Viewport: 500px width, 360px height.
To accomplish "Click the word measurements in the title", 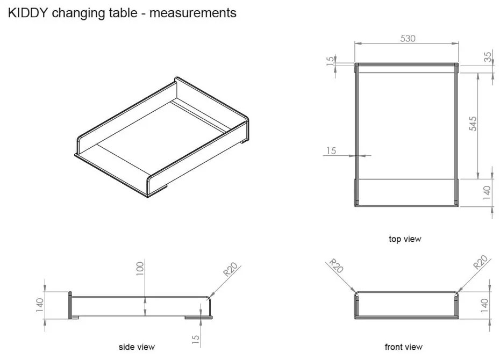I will click(192, 12).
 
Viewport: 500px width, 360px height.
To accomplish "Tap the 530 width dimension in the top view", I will click(408, 39).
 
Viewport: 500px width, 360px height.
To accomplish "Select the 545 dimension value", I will click(473, 124).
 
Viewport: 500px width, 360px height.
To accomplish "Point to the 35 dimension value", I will click(488, 57).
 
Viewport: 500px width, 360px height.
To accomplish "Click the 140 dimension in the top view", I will click(487, 192).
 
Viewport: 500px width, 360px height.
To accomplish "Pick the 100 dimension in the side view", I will click(140, 269).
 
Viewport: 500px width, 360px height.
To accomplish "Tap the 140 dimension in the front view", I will click(484, 306).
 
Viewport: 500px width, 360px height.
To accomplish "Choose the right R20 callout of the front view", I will click(480, 263).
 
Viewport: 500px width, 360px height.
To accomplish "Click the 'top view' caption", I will click(405, 239).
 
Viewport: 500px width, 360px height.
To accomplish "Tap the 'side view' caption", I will click(137, 347).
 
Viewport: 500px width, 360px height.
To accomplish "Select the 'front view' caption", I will click(403, 347).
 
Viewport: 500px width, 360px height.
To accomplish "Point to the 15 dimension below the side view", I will click(196, 339).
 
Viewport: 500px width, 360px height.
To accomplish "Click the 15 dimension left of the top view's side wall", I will click(331, 151).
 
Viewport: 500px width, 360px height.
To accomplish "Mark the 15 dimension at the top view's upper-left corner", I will click(330, 60).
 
